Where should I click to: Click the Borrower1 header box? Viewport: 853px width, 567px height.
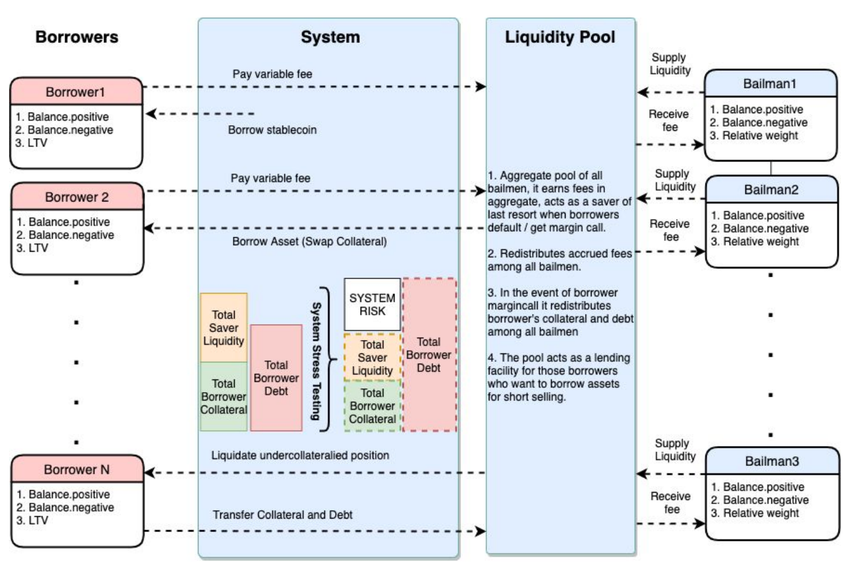(x=76, y=92)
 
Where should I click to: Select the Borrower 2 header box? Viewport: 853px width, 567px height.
(x=77, y=197)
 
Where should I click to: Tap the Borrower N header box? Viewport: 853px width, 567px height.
(x=77, y=470)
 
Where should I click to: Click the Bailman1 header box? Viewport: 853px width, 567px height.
(x=770, y=84)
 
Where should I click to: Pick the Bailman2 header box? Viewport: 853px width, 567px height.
(x=771, y=190)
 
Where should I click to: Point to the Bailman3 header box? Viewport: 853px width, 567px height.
(x=771, y=462)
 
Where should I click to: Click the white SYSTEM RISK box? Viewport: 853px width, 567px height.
(x=372, y=304)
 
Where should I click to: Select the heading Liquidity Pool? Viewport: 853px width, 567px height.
(x=560, y=38)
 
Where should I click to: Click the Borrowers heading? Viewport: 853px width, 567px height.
(x=77, y=38)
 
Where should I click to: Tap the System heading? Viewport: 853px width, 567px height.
(x=330, y=38)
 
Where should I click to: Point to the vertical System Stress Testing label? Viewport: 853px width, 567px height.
(x=316, y=361)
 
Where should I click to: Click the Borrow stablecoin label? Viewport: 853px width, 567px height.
(x=272, y=130)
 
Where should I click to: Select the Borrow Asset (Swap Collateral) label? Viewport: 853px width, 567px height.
(x=309, y=241)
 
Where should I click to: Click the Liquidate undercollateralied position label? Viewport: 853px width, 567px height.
(x=300, y=456)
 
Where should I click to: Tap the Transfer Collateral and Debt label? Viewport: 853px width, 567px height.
(x=283, y=515)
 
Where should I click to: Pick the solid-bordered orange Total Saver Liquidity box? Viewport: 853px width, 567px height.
(x=224, y=328)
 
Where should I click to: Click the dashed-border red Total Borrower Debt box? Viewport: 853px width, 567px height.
(x=429, y=355)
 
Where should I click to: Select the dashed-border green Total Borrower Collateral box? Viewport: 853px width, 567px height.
(x=372, y=406)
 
